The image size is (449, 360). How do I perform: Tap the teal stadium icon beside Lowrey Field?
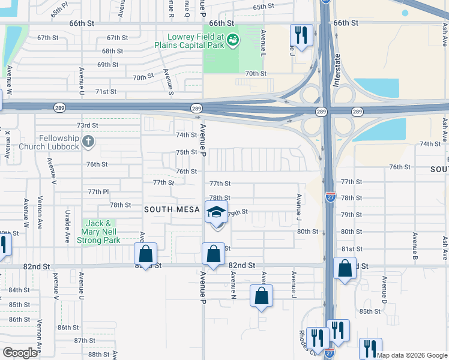[x=233, y=40]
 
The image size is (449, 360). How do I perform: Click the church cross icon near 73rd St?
[x=88, y=142]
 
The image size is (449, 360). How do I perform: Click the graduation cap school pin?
[x=216, y=212]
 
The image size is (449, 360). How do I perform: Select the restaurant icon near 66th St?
[x=301, y=34]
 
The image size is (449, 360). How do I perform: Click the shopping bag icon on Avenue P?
[x=213, y=254]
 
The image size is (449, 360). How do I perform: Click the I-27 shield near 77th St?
[x=330, y=196]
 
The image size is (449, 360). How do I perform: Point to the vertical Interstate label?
[x=336, y=70]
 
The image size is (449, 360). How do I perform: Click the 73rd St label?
[x=87, y=125]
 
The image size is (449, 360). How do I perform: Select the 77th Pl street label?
[x=98, y=191]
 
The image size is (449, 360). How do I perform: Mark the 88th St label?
[x=98, y=355]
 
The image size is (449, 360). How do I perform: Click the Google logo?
[x=20, y=353]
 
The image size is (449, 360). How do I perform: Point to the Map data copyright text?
[x=412, y=355]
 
